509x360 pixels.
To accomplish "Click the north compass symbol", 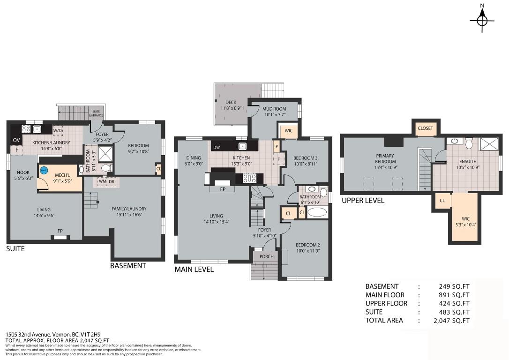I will pyautogui.click(x=482, y=21).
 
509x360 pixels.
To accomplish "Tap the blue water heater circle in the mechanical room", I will pyautogui.click(x=43, y=171).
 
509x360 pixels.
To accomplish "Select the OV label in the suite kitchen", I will pyautogui.click(x=16, y=140).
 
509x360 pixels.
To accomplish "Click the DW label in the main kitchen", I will pyautogui.click(x=217, y=147).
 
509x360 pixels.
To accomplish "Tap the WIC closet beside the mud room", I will pyautogui.click(x=288, y=131).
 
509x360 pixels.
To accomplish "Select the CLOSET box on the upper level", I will pyautogui.click(x=425, y=128).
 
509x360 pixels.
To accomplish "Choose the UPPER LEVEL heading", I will pyautogui.click(x=363, y=201).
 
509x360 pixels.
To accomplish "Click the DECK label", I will pyautogui.click(x=230, y=102).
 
